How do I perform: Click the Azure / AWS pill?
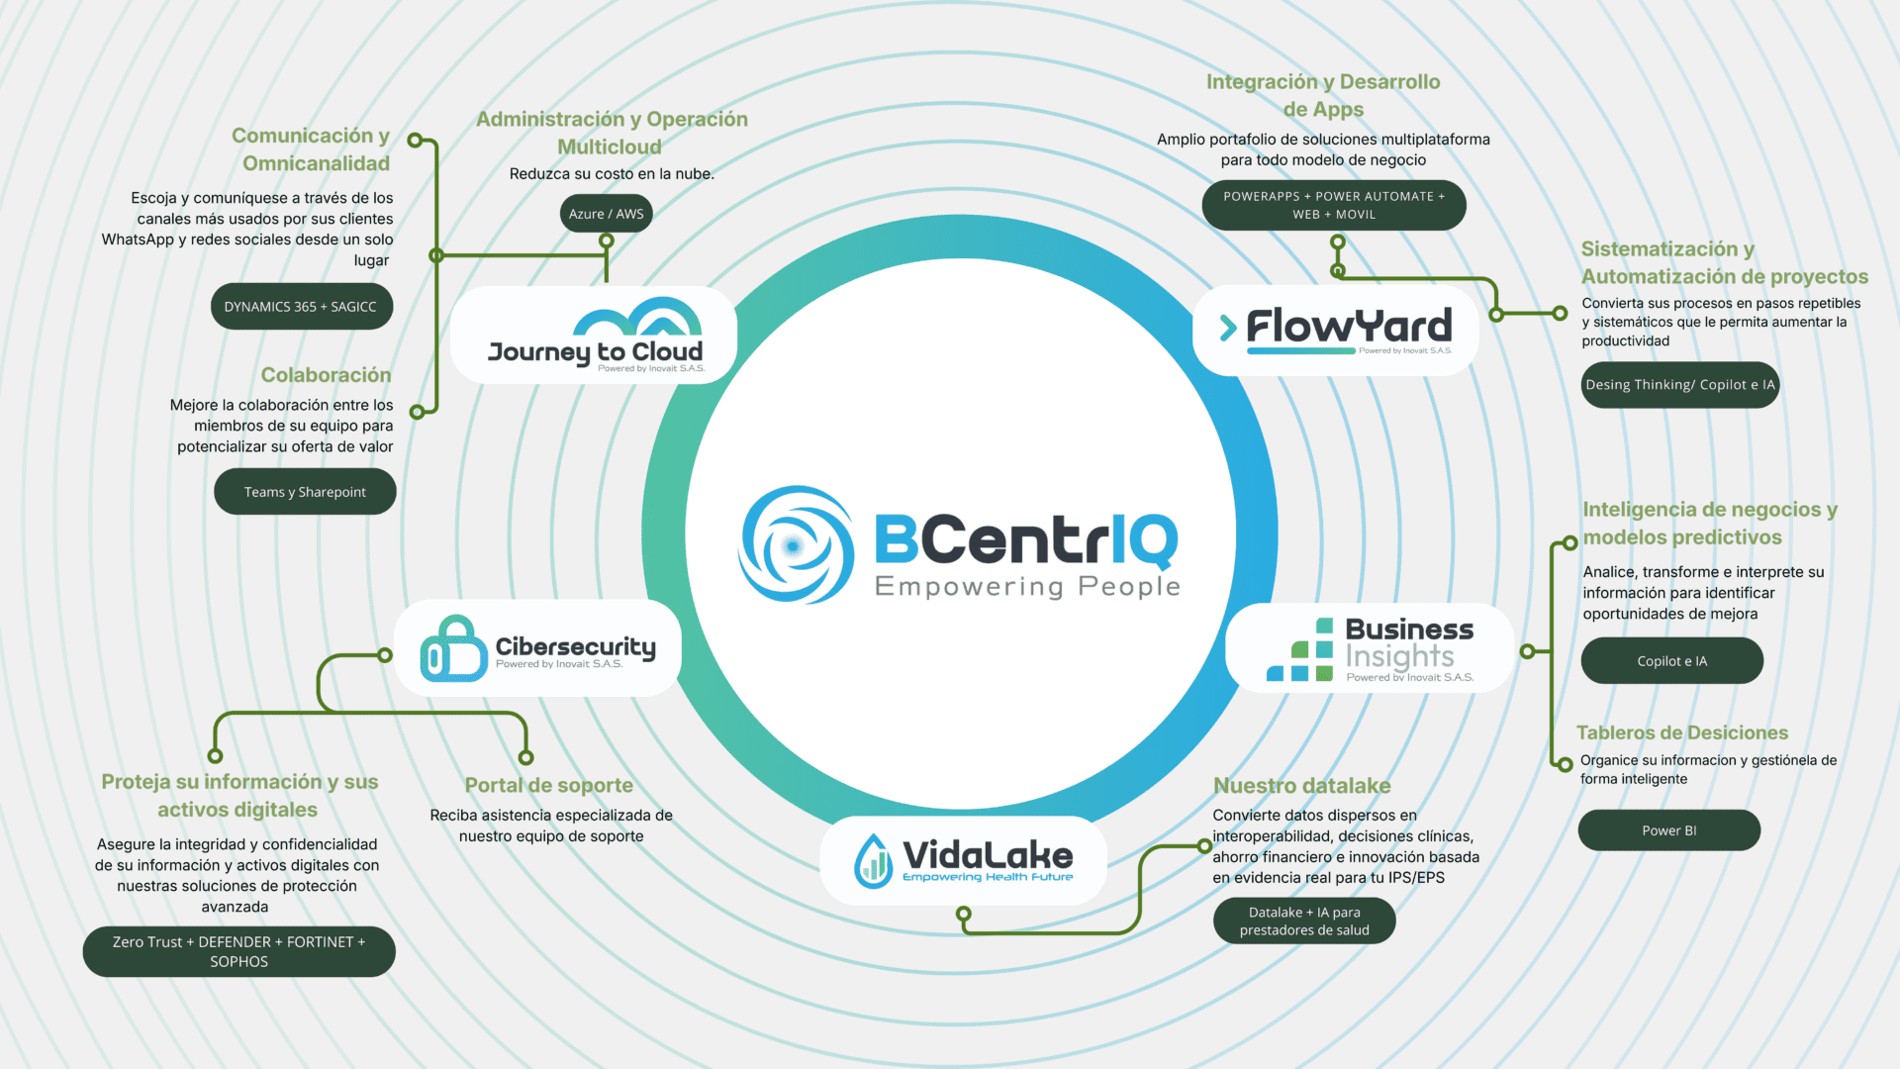point(606,214)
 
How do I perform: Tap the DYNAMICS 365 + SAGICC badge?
point(301,307)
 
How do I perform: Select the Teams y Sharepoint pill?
point(305,492)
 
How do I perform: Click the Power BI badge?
point(1668,830)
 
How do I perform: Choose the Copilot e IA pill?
point(1671,661)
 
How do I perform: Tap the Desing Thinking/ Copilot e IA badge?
point(1679,385)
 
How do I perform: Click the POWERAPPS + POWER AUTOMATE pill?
point(1333,205)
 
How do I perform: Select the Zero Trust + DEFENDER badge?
point(238,951)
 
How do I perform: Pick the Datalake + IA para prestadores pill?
point(1303,921)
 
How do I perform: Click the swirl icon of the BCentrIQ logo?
point(796,544)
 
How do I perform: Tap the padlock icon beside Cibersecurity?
point(452,650)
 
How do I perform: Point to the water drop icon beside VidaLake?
point(873,860)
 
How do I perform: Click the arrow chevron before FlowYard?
point(1228,328)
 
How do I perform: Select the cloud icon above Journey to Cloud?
point(637,318)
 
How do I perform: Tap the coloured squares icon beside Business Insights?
point(1300,651)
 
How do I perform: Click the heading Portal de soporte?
point(549,785)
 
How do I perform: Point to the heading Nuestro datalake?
point(1301,786)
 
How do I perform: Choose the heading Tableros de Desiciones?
point(1681,732)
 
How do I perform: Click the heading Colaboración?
point(326,375)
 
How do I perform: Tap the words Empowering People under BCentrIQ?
point(1027,587)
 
